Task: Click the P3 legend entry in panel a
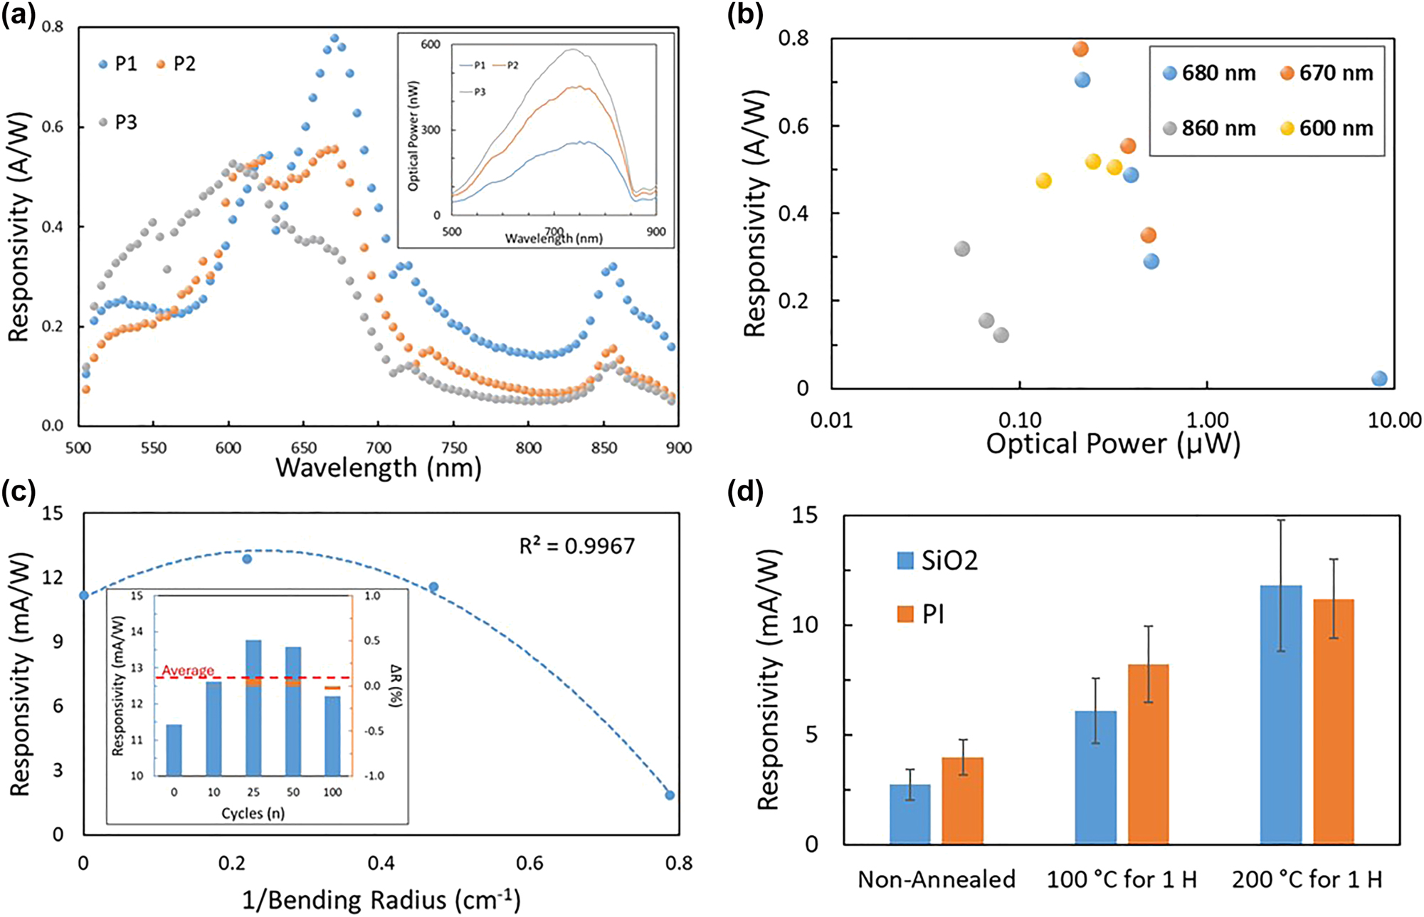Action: coord(118,122)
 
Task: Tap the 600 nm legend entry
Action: coord(1327,128)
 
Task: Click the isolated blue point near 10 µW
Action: coord(1379,379)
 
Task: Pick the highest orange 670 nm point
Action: coord(1080,49)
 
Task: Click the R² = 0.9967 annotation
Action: coord(576,546)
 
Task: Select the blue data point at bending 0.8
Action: coord(670,795)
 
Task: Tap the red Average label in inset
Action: coord(188,671)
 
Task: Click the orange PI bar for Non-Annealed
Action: coord(963,801)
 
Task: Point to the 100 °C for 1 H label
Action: coord(1122,880)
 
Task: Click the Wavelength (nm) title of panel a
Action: coord(379,468)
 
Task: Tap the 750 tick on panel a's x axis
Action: coord(454,448)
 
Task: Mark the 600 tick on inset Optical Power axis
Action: coord(431,44)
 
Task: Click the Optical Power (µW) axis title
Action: coord(1113,444)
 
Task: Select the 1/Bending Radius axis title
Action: coord(381,900)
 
